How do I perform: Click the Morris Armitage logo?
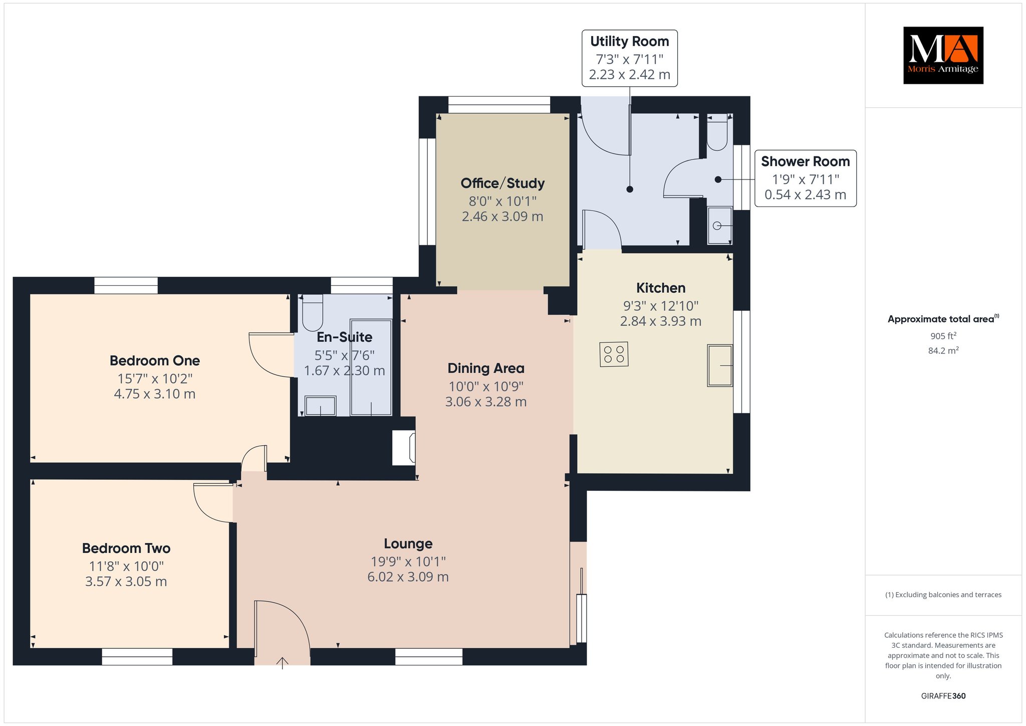(943, 55)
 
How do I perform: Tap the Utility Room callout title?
(629, 41)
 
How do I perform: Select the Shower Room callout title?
(805, 161)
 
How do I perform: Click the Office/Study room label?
(502, 183)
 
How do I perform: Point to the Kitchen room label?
(661, 288)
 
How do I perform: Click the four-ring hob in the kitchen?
(614, 354)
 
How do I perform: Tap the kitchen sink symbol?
(720, 366)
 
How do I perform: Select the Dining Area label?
(486, 369)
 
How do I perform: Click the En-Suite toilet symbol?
(313, 312)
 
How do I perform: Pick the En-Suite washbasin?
(321, 406)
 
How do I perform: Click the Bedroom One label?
(155, 360)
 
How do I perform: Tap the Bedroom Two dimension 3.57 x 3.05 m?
(126, 582)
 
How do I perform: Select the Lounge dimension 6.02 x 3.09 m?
(408, 577)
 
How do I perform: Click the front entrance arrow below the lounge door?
(283, 663)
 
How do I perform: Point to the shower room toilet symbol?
(717, 132)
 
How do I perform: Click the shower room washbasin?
(719, 226)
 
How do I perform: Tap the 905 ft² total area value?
(943, 336)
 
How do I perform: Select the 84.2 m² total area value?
(943, 350)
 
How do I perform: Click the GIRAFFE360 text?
(943, 696)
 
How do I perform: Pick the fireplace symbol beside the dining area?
(404, 448)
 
